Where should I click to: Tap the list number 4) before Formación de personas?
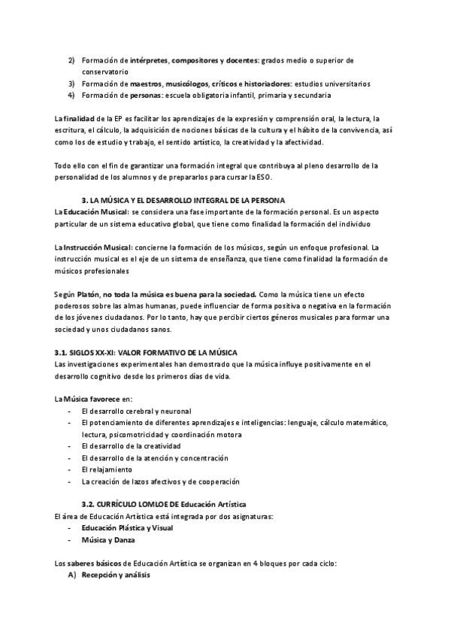71,96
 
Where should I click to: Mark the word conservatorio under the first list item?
107,71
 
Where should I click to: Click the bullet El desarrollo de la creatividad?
131,446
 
